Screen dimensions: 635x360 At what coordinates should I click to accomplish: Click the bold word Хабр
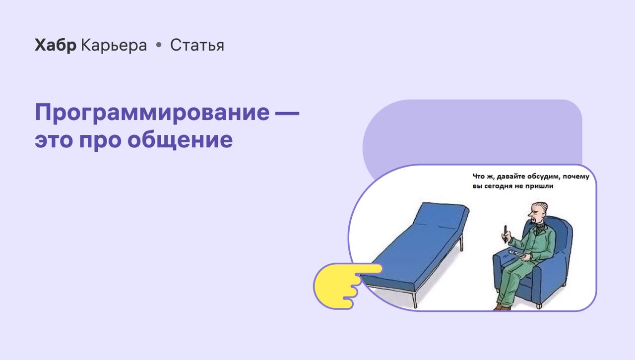[x=55, y=45]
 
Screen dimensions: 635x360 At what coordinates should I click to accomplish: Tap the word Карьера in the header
[x=114, y=45]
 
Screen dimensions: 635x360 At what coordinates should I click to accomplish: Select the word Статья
[x=197, y=45]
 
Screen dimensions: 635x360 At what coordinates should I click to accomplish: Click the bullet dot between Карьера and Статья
[x=159, y=45]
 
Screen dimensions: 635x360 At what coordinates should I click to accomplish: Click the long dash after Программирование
[x=287, y=113]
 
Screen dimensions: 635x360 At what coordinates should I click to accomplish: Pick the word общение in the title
[x=180, y=139]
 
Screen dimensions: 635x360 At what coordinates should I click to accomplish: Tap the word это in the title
[x=54, y=140]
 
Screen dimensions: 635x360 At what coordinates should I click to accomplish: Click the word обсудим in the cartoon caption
[x=544, y=177]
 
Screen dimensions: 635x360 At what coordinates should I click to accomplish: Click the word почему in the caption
[x=576, y=177]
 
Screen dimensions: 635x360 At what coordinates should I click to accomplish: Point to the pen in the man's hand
[x=506, y=234]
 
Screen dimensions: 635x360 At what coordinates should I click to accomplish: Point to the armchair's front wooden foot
[x=539, y=305]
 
